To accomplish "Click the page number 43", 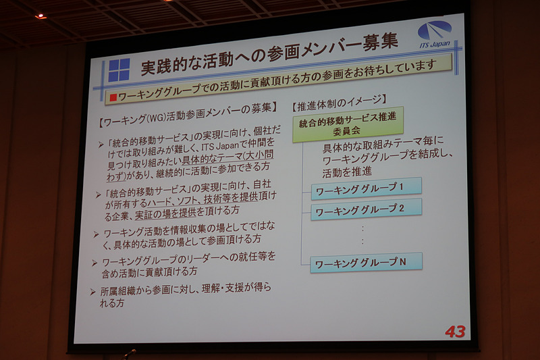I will [x=455, y=332].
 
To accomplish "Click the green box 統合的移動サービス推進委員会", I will [x=347, y=124].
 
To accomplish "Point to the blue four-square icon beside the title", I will [x=119, y=70].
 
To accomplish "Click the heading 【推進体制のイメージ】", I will [x=337, y=103].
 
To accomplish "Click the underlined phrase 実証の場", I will [x=153, y=215].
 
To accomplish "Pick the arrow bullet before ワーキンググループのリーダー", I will [x=94, y=261].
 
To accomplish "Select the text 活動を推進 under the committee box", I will [x=348, y=172].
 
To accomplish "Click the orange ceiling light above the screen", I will [x=38, y=16].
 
